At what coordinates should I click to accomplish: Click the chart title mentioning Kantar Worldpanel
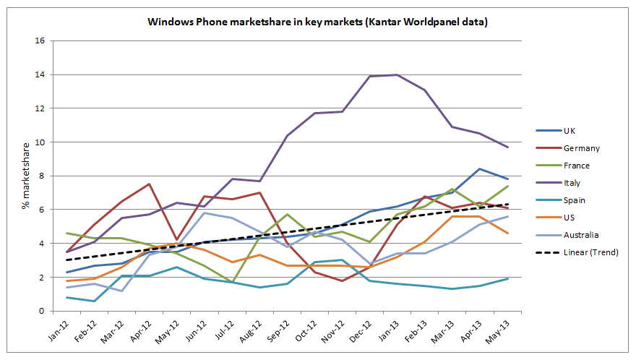pos(318,22)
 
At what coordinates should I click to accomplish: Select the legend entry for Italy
pos(572,183)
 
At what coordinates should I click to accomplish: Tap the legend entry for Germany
pos(580,148)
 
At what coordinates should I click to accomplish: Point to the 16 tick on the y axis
pos(40,41)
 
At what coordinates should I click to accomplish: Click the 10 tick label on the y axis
pos(40,142)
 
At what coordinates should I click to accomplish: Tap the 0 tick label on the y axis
pos(43,312)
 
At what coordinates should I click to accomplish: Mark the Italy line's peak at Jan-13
pos(396,74)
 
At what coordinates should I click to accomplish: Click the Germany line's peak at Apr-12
pos(149,184)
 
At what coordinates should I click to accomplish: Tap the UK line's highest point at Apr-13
pos(478,169)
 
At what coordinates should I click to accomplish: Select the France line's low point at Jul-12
pos(231,283)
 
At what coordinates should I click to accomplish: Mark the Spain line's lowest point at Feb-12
pos(94,301)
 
